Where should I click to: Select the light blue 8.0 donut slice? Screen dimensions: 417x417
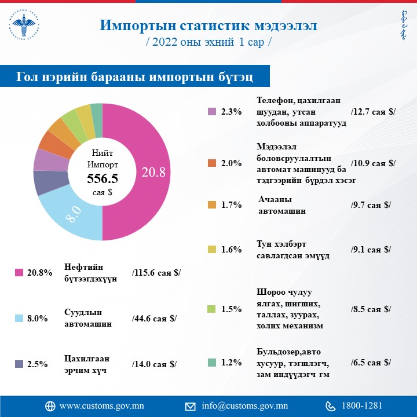72,217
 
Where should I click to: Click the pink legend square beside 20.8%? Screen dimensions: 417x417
19,272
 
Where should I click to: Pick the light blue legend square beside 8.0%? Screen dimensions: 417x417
19,319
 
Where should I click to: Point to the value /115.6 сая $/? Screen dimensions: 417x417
156,272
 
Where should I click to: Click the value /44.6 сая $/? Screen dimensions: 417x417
154,319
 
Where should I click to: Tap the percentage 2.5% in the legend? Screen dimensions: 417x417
37,364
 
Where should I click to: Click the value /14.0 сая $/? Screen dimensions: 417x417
154,364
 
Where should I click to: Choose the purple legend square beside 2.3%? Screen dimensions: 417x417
212,112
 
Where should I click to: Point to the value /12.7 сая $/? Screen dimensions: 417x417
373,112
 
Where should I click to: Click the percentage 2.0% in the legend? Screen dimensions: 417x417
231,163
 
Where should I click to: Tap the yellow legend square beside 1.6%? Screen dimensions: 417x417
212,250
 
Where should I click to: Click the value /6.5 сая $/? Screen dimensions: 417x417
371,363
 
